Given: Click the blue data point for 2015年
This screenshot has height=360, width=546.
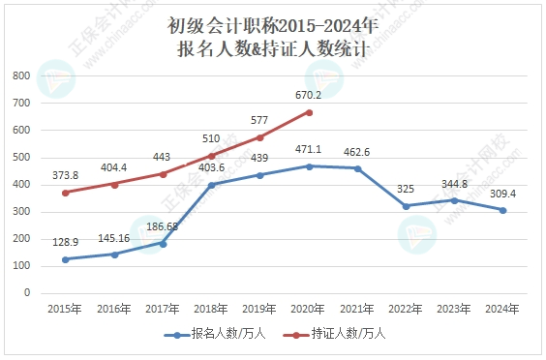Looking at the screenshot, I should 66,259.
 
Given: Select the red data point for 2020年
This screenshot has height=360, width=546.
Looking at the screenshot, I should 309,112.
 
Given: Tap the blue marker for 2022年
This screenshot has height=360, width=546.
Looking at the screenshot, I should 407,206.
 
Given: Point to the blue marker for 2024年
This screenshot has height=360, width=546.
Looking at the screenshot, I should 503,210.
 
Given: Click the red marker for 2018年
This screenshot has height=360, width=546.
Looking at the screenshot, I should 212,156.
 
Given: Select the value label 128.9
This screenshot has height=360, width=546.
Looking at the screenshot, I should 66,242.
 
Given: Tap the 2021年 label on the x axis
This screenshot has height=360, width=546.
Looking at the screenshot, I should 358,309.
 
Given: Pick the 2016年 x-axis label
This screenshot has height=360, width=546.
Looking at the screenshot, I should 114,309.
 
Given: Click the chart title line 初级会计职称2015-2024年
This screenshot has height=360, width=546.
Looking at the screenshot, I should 273,23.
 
